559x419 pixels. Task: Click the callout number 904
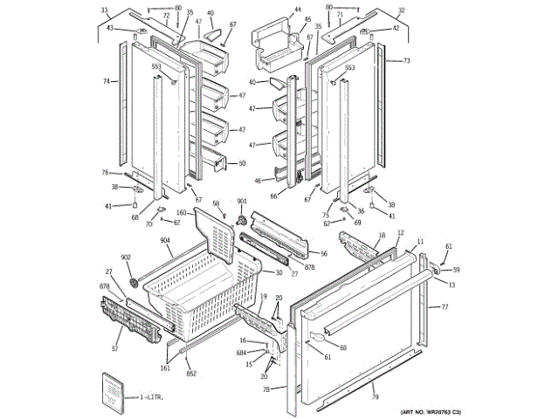pos(164,240)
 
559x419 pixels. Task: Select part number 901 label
pos(242,202)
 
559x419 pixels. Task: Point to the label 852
pos(191,373)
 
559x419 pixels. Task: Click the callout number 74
pos(106,80)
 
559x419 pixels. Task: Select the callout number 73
pos(406,61)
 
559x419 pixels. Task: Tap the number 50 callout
pos(241,163)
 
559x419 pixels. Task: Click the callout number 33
pos(105,10)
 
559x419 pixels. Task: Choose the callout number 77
pos(444,307)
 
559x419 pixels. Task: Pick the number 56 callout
pos(323,253)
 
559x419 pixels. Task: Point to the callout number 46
pos(258,181)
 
